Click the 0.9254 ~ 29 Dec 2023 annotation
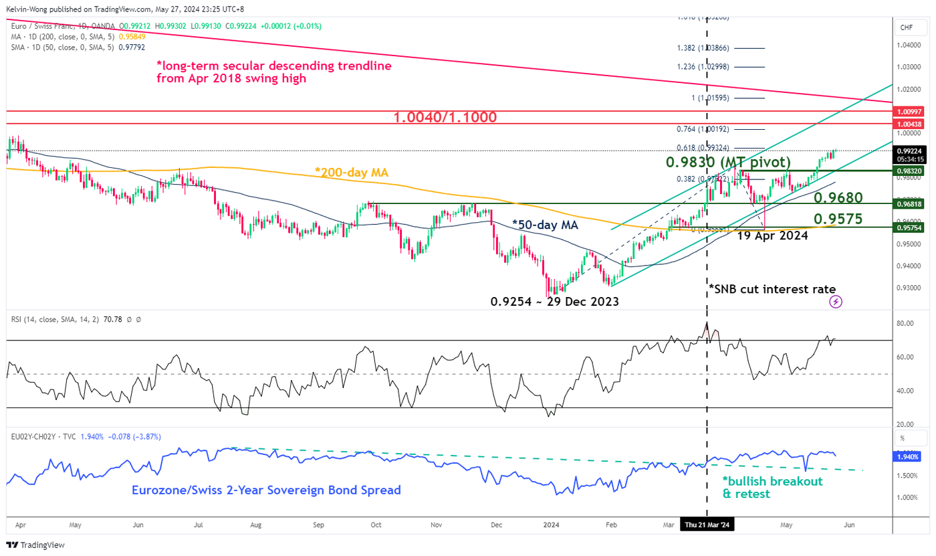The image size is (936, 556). tap(554, 302)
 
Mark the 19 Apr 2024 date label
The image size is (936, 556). tap(773, 236)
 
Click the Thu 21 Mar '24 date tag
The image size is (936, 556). tap(707, 526)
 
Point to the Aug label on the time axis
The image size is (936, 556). tap(255, 526)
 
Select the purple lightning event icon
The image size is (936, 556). tap(836, 302)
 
